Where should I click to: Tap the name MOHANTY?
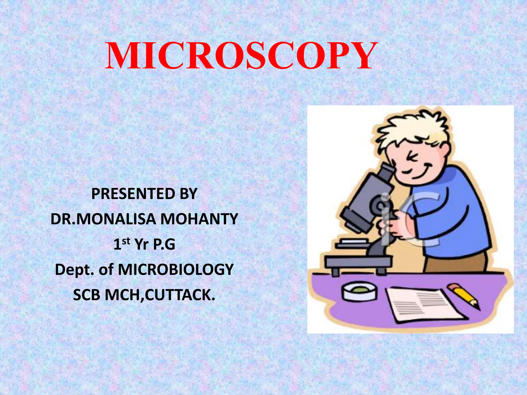pyautogui.click(x=199, y=219)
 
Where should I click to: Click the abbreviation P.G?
pyautogui.click(x=164, y=244)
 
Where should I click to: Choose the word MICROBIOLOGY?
pyautogui.click(x=176, y=270)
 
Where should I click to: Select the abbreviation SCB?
pyautogui.click(x=86, y=295)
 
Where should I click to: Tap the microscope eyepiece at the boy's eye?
pyautogui.click(x=386, y=171)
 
